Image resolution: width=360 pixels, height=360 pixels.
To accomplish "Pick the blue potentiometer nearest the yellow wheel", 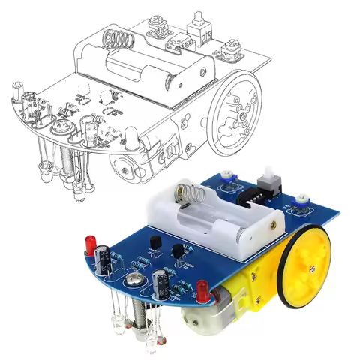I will click(301, 200).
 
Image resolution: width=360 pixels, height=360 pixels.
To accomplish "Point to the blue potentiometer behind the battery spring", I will click(228, 179).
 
